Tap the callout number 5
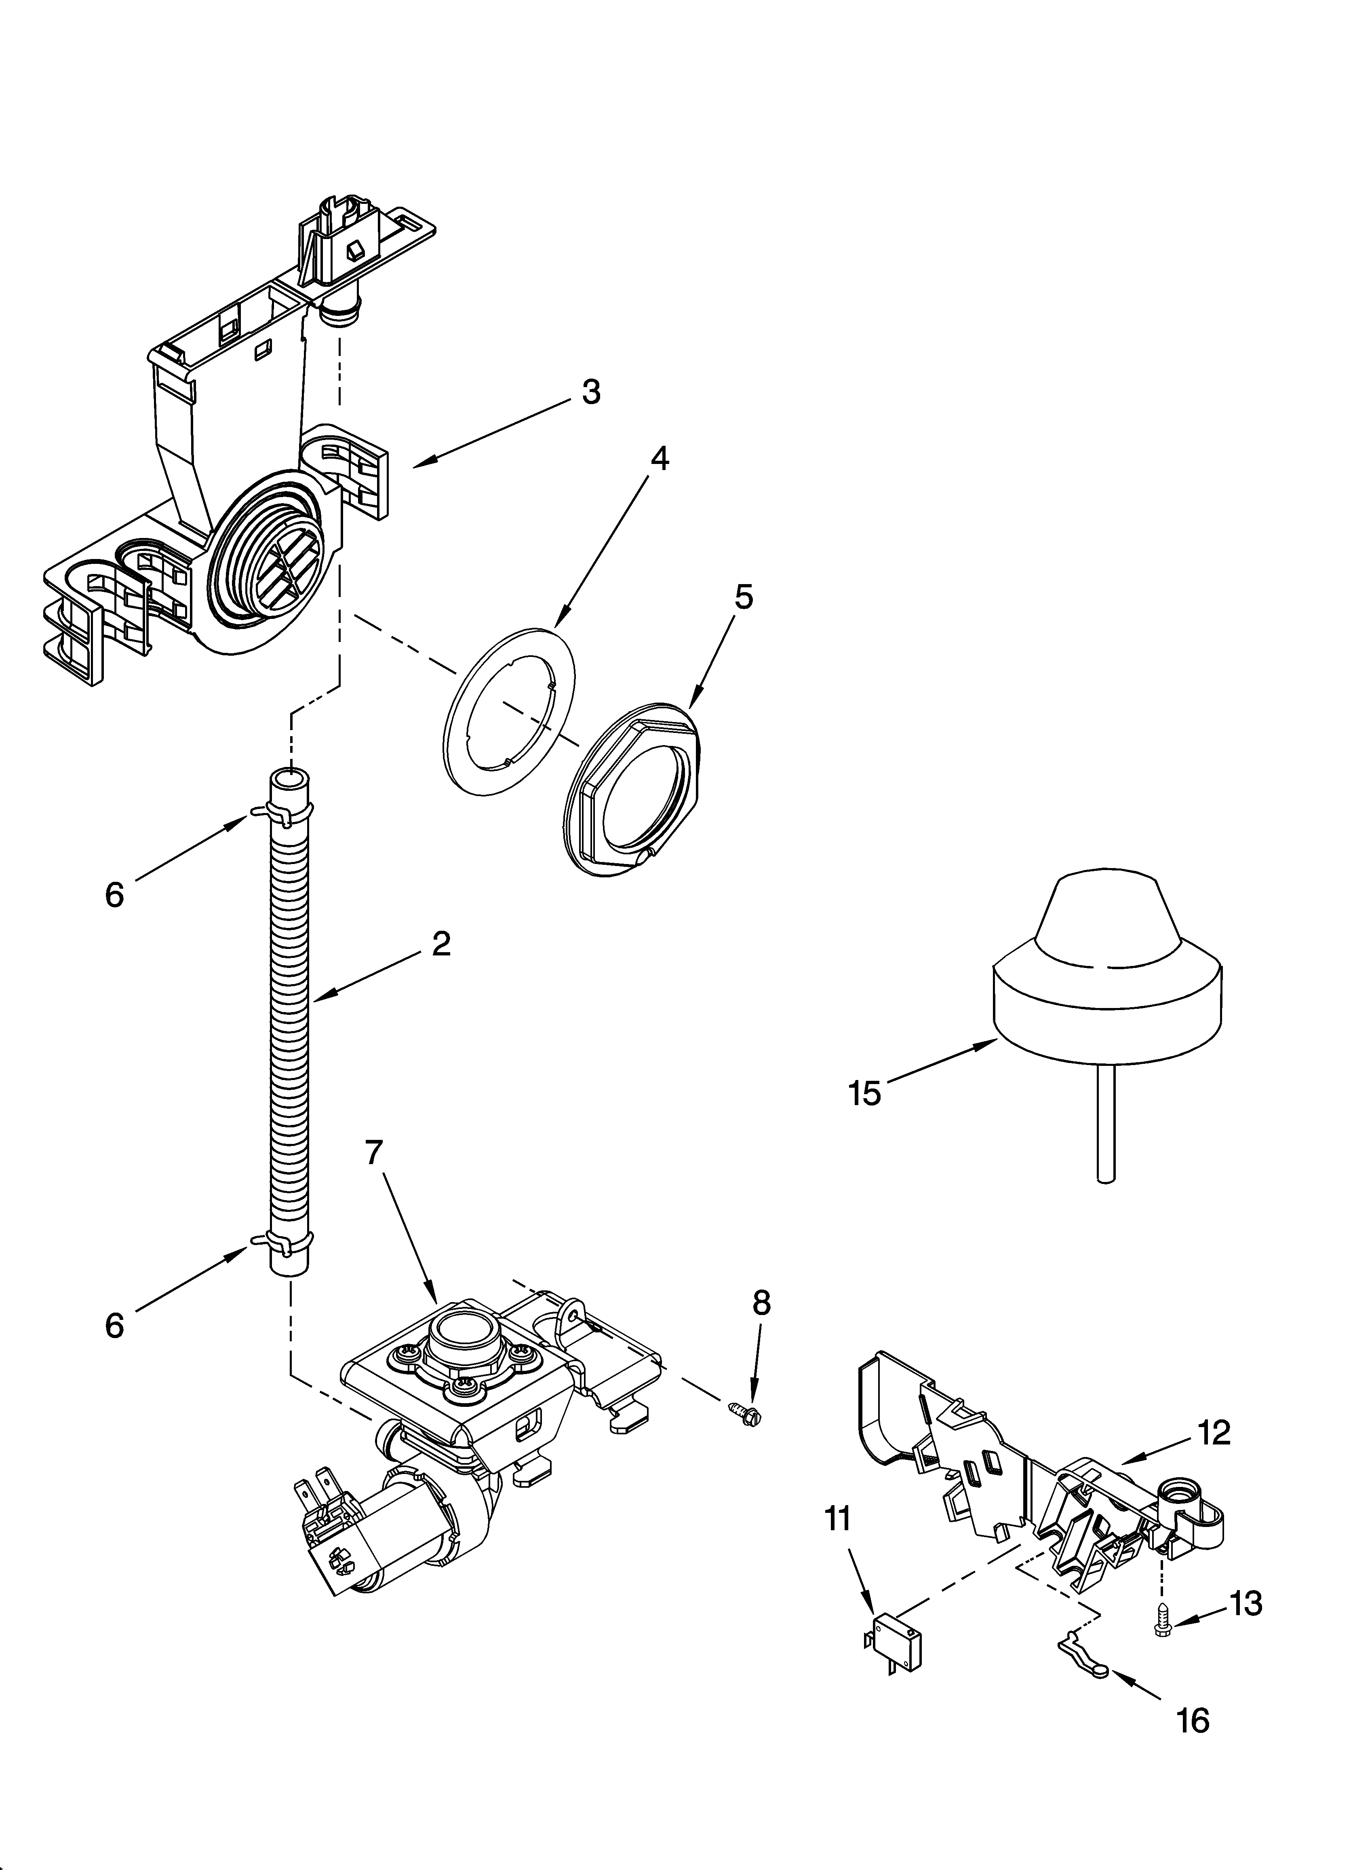[x=743, y=597]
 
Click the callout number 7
[x=374, y=1153]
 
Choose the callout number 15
[x=864, y=1094]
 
